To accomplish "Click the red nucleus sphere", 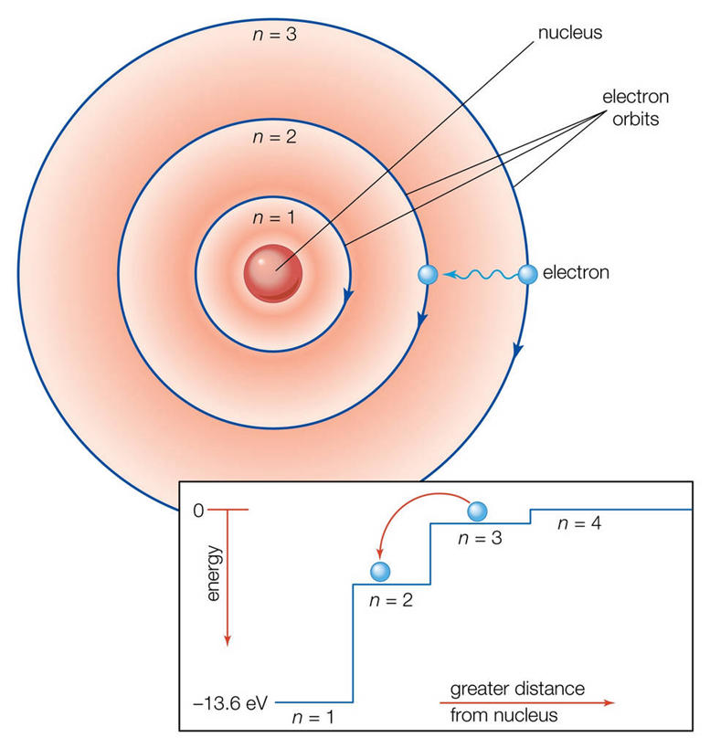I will coord(272,271).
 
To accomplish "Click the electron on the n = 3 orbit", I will coord(527,272).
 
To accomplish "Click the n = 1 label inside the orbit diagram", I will coord(272,218).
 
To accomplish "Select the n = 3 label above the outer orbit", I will coord(273,36).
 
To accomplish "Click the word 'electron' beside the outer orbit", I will coord(576,272).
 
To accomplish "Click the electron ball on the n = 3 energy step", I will coord(480,510).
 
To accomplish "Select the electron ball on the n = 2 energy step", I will coord(381,572).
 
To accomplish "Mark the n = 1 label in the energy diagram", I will coord(312,717).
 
